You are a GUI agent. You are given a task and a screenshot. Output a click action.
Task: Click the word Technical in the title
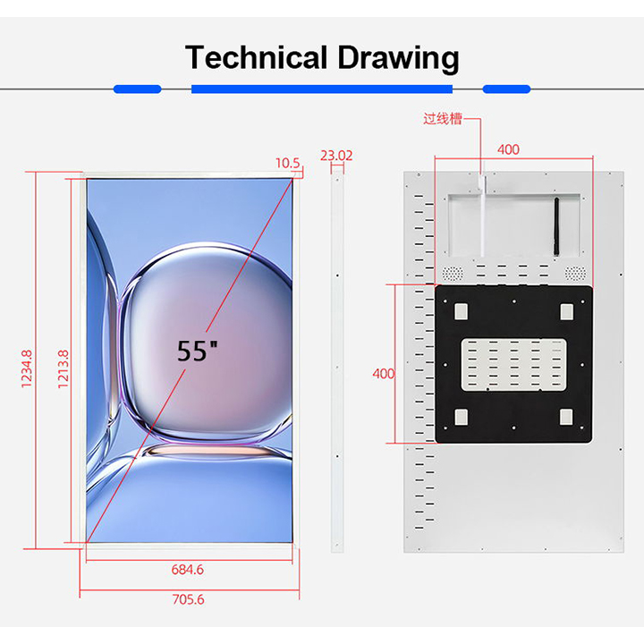pyautogui.click(x=256, y=57)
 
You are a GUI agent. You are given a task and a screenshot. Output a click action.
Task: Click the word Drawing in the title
pyautogui.click(x=398, y=59)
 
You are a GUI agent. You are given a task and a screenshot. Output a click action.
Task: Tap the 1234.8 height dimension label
pyautogui.click(x=26, y=369)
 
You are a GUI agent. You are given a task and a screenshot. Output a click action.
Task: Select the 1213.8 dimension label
pyautogui.click(x=63, y=369)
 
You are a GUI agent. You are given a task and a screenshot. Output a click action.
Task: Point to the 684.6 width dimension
pyautogui.click(x=187, y=569)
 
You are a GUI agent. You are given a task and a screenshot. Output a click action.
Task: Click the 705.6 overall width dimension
pyautogui.click(x=188, y=599)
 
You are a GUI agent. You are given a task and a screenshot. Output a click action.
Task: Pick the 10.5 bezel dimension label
pyautogui.click(x=287, y=163)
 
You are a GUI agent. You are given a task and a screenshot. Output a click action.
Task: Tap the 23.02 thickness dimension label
pyautogui.click(x=336, y=156)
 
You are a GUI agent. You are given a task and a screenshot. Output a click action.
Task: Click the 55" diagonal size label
pyautogui.click(x=197, y=351)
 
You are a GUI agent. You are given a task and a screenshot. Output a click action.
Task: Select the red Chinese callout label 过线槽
pyautogui.click(x=443, y=119)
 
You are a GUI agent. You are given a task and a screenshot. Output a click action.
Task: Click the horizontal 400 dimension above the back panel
pyautogui.click(x=508, y=149)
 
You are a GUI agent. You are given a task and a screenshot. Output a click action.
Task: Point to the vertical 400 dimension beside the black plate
pyautogui.click(x=383, y=374)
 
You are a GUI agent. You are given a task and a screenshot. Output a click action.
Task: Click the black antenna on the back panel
pyautogui.click(x=556, y=226)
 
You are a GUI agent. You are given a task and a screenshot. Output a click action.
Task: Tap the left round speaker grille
pyautogui.click(x=453, y=273)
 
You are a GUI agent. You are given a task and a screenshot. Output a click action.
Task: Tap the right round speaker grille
pyautogui.click(x=575, y=273)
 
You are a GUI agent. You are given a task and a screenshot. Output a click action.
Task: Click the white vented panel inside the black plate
pyautogui.click(x=513, y=365)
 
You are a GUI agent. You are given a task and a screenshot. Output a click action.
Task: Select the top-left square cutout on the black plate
pyautogui.click(x=461, y=311)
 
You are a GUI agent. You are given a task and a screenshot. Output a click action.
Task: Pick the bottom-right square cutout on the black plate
pyautogui.click(x=566, y=417)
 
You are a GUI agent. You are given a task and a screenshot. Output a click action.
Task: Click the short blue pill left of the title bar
pyautogui.click(x=137, y=89)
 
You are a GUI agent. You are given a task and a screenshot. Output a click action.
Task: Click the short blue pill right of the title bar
pyautogui.click(x=506, y=89)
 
